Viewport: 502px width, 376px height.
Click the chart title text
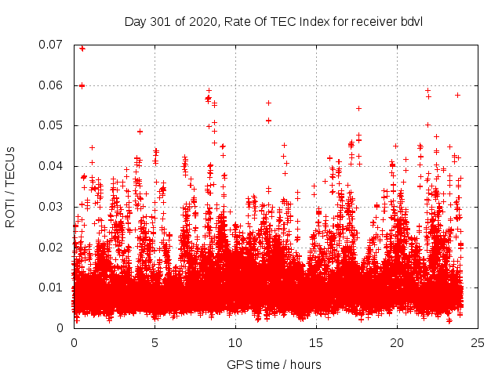[273, 20]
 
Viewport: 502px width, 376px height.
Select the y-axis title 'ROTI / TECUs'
[10, 186]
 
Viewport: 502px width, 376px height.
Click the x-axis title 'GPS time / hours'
[273, 364]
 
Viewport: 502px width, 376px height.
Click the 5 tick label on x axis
[155, 343]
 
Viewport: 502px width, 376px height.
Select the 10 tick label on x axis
[235, 343]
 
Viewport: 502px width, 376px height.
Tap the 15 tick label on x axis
[316, 343]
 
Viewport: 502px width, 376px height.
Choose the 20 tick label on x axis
[397, 343]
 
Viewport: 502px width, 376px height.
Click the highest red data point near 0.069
[82, 49]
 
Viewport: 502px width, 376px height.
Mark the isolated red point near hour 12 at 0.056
[268, 103]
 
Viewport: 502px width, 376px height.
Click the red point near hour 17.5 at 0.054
[358, 108]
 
